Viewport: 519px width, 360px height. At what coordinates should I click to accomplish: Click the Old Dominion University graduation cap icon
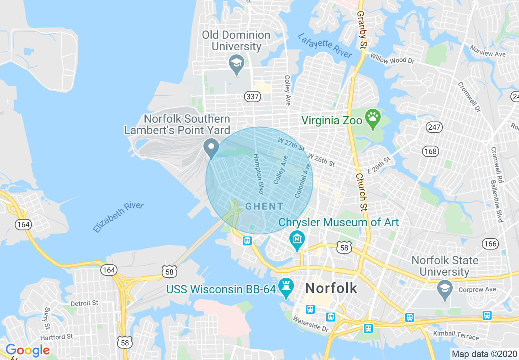click(236, 63)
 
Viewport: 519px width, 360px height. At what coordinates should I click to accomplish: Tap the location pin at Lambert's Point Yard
click(211, 147)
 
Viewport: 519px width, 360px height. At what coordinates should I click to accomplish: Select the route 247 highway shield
click(434, 127)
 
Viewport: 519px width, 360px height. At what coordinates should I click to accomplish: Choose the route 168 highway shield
click(431, 151)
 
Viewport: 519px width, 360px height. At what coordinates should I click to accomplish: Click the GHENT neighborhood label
click(264, 206)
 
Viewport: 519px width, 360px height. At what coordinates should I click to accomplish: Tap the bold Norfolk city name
click(331, 288)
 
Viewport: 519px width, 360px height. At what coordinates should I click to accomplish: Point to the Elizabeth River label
click(118, 216)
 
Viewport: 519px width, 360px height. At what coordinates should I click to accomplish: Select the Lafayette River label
click(325, 45)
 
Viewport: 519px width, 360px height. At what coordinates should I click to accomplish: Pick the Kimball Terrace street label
click(456, 335)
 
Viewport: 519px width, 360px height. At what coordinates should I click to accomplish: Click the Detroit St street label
click(84, 303)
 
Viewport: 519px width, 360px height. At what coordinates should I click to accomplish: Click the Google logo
click(27, 351)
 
